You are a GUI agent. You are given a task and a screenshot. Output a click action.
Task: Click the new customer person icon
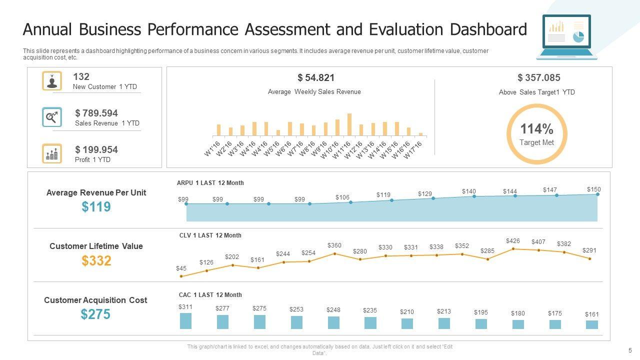click(x=52, y=81)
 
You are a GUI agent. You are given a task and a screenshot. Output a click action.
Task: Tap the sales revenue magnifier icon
click(x=52, y=117)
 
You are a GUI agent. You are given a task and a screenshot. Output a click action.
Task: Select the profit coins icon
click(x=52, y=153)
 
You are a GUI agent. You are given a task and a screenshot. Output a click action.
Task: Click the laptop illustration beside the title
click(x=566, y=37)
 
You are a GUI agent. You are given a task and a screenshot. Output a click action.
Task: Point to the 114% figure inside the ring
click(x=536, y=129)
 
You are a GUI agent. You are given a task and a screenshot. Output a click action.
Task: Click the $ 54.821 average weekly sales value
click(x=316, y=77)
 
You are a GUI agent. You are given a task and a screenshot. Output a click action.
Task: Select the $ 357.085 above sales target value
click(x=538, y=77)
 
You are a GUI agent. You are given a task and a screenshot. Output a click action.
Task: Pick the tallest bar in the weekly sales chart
click(x=349, y=124)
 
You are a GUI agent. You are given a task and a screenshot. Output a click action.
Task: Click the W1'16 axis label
click(x=212, y=149)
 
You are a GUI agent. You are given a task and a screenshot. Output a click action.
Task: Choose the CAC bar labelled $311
click(x=185, y=321)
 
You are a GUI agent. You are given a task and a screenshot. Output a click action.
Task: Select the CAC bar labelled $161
click(x=592, y=324)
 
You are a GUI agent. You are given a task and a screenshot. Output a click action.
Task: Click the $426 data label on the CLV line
click(x=513, y=241)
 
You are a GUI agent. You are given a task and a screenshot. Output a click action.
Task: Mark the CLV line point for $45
click(x=181, y=276)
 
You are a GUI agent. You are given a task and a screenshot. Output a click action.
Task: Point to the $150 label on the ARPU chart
click(x=594, y=189)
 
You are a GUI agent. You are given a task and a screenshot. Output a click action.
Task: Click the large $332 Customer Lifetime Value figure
click(x=96, y=260)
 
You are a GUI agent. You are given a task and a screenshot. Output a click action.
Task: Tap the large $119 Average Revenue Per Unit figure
click(x=96, y=207)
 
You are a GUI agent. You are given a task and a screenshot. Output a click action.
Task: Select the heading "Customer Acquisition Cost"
click(x=95, y=300)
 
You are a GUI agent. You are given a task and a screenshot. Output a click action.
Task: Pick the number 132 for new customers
click(x=81, y=76)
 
